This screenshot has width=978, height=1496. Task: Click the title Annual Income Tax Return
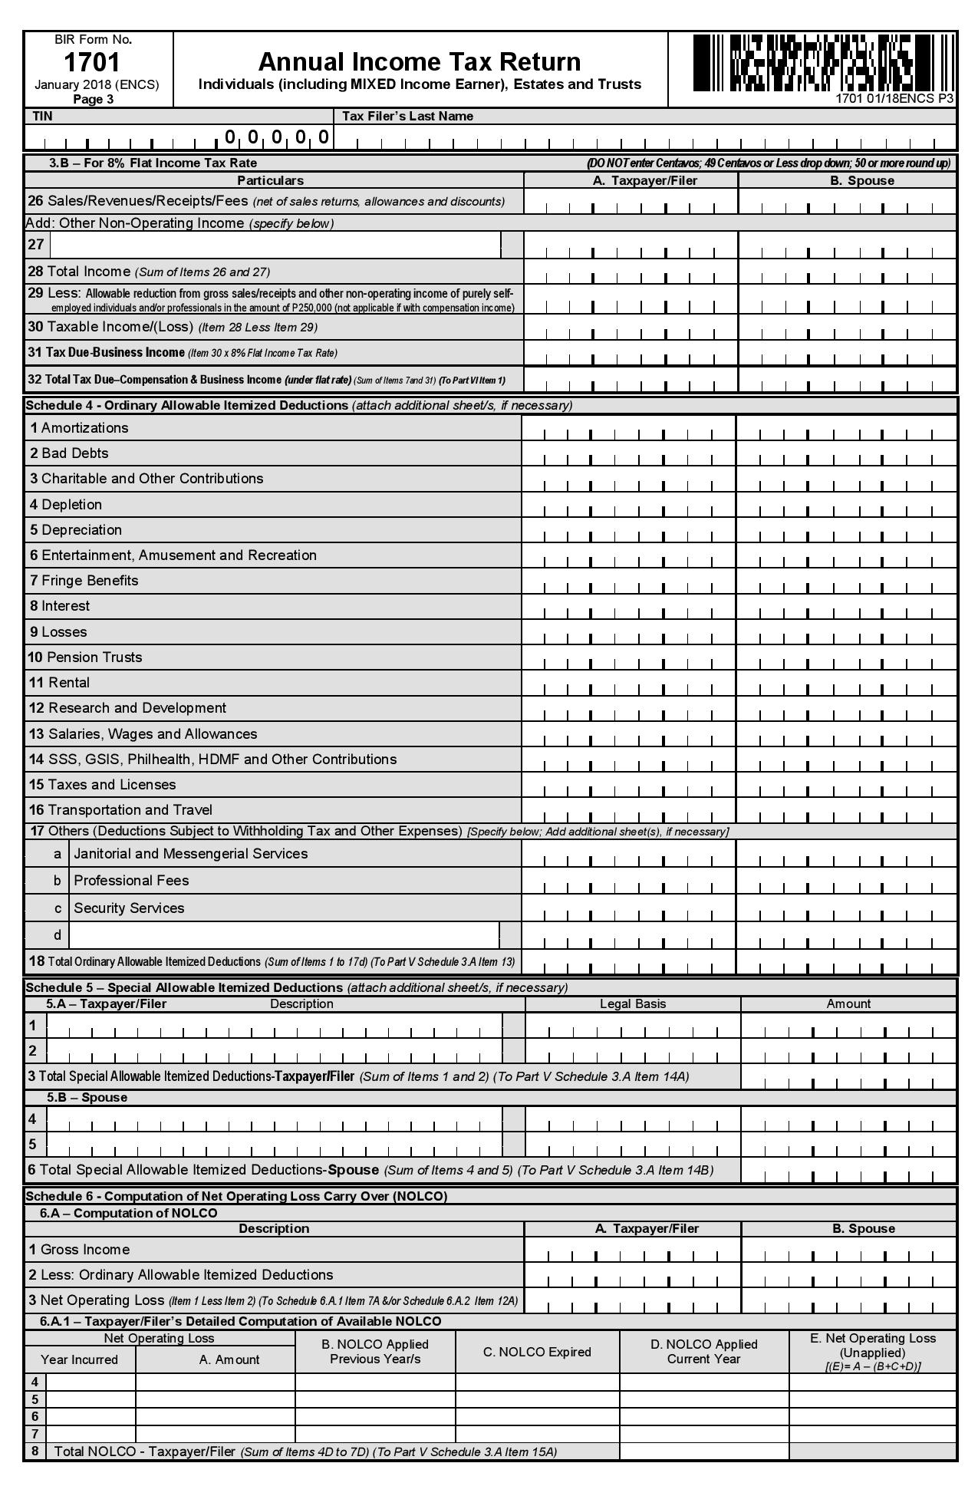pos(420,61)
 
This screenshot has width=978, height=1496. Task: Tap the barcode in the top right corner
pos(814,63)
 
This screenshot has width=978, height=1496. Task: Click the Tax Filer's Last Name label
pos(407,116)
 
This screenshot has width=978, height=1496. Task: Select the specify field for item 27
pos(275,245)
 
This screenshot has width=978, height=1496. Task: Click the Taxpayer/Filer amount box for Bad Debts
pos(628,453)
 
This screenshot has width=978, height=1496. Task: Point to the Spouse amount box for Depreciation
pos(846,530)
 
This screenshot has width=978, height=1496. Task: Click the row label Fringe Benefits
pos(90,581)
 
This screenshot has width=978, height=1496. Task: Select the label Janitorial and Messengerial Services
pos(190,854)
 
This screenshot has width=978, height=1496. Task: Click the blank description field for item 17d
pos(284,935)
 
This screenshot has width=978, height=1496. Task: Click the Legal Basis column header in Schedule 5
pos(633,1003)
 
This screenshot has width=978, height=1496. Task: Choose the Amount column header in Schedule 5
pos(848,1003)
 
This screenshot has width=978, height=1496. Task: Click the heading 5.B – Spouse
pos(87,1097)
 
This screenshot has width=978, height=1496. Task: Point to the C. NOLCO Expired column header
pos(537,1352)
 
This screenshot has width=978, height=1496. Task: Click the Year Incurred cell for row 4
pos(91,1382)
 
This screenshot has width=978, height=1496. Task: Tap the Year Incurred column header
pos(79,1359)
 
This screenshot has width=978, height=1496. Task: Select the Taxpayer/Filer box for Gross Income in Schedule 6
pos(633,1250)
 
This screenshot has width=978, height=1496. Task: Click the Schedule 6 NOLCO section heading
pos(236,1196)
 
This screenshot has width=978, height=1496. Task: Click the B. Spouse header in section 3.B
pos(863,180)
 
